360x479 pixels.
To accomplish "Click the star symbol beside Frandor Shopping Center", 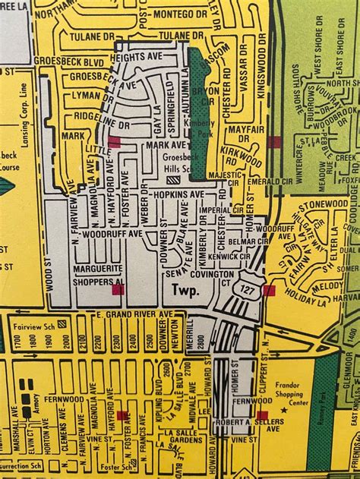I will pos(284,410).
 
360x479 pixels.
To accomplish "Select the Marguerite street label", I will pos(98,268).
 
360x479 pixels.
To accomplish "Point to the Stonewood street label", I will pos(323,204).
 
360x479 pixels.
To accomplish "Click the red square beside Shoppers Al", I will pos(118,289).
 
